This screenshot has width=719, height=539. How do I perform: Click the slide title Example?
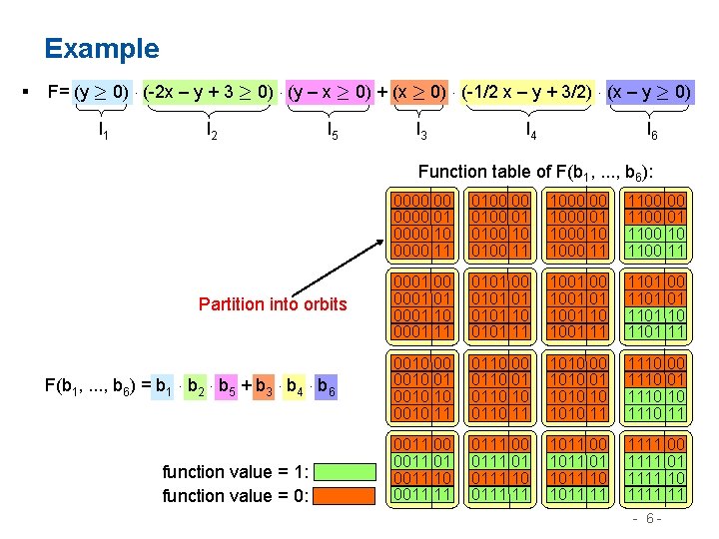pos(101,48)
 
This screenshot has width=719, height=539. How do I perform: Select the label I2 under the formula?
pos(211,129)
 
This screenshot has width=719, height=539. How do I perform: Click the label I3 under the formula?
pos(421,129)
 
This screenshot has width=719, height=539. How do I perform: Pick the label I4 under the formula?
pos(530,129)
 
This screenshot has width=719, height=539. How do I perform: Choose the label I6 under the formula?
pos(651,129)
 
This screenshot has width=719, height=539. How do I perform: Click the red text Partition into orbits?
pos(273,303)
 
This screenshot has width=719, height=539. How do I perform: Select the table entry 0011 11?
pos(423,493)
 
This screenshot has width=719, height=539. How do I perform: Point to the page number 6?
pos(649,520)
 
